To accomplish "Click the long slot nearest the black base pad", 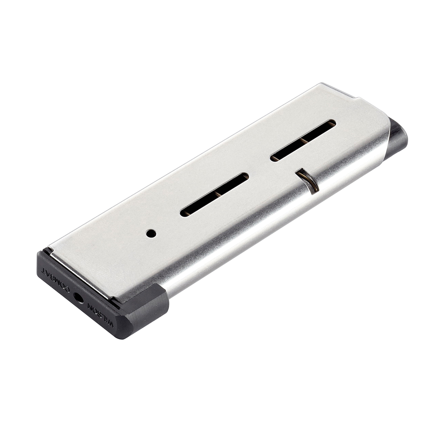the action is [x=214, y=195].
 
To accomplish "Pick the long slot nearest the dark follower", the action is [x=303, y=140].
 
